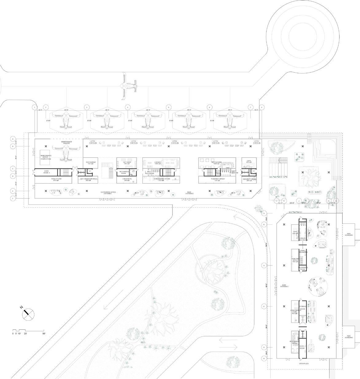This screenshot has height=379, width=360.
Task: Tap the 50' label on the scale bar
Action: (44, 333)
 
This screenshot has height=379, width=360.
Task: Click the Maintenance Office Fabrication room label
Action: (46, 157)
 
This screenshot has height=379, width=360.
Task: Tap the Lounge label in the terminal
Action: (157, 162)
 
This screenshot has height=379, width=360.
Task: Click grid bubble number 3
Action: (87, 107)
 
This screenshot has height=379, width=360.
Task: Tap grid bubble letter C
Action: (13, 168)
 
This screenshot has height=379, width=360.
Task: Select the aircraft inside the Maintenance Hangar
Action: (66, 152)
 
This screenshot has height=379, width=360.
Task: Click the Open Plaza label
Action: (304, 364)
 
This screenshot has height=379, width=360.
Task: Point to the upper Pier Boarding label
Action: (349, 235)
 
